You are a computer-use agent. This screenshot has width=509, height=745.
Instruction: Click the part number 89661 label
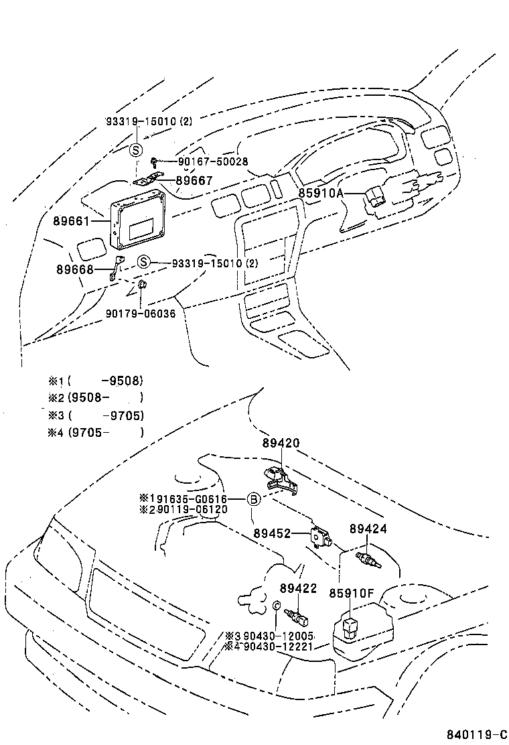[70, 220]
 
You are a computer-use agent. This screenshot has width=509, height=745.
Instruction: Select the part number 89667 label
[194, 180]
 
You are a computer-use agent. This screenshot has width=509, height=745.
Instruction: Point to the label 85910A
[321, 194]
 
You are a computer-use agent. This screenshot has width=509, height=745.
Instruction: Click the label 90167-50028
[213, 161]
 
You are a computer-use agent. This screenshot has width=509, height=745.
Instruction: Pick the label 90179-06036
[141, 313]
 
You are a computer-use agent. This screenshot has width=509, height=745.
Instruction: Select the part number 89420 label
[281, 443]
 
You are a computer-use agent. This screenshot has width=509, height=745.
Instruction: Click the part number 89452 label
[272, 533]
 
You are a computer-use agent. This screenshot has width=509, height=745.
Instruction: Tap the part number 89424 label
[368, 528]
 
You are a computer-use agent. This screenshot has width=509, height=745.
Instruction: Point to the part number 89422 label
[298, 588]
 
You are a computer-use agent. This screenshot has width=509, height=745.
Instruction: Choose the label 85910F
[351, 593]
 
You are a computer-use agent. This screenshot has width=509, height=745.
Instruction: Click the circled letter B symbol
[253, 498]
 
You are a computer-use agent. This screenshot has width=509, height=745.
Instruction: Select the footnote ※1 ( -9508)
[95, 381]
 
